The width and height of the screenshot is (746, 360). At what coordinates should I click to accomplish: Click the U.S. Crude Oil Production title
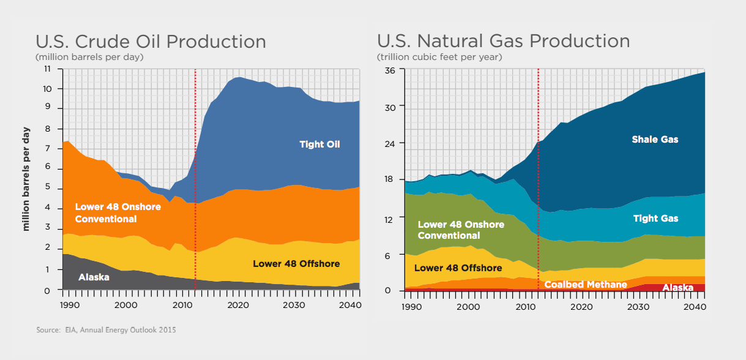[151, 42]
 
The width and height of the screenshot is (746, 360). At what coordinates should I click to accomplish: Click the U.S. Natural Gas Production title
[503, 41]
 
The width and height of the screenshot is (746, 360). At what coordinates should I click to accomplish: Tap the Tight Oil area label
[319, 144]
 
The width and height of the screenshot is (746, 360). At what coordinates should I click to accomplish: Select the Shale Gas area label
[655, 140]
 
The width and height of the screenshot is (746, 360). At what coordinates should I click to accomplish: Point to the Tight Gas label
[656, 219]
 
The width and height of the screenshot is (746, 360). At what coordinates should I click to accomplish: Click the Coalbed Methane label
[586, 284]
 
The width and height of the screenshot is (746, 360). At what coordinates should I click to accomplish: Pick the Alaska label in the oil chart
[94, 277]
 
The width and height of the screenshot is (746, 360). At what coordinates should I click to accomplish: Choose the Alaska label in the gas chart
[677, 287]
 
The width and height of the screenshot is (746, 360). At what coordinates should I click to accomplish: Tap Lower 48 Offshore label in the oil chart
[296, 264]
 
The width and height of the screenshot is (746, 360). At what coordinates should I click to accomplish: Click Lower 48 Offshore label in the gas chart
[458, 268]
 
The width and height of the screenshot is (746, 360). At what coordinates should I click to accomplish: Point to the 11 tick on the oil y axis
[47, 69]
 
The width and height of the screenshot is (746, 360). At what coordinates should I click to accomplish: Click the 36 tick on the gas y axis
[390, 70]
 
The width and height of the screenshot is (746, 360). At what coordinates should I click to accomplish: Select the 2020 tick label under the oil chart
[238, 305]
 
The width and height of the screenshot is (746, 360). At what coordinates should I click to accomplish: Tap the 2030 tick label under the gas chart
[638, 307]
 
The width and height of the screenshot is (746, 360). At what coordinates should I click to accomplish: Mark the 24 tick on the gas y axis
[390, 144]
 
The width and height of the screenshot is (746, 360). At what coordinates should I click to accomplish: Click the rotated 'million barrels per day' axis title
[26, 179]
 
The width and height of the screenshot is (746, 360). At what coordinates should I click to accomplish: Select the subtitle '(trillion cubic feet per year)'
[439, 57]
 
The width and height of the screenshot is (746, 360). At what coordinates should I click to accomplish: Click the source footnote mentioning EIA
[106, 330]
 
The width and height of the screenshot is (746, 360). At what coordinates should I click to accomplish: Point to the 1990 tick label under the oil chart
[70, 305]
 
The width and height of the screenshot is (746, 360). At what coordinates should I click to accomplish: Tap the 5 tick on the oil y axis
[48, 187]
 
